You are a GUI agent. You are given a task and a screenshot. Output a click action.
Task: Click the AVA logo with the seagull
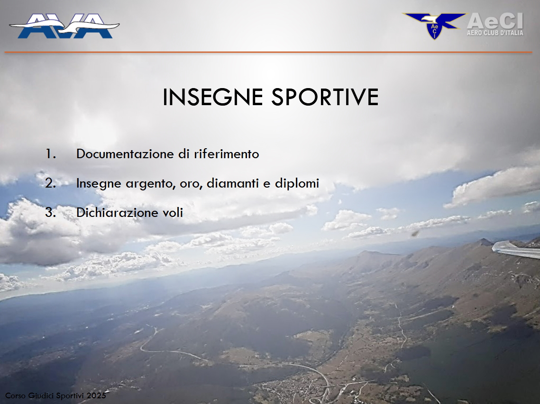[x=64, y=26]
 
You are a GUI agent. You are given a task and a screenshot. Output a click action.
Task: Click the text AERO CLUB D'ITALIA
[x=495, y=33]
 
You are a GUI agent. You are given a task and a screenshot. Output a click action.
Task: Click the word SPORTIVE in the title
[x=325, y=97]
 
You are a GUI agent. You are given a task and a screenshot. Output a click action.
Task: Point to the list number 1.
[x=51, y=154]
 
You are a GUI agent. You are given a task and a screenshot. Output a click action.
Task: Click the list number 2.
[x=51, y=183]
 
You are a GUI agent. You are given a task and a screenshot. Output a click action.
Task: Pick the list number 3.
[x=51, y=212]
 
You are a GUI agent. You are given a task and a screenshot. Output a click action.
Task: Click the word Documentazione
[x=125, y=154]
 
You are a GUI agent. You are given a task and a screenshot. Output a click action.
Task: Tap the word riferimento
[x=226, y=154]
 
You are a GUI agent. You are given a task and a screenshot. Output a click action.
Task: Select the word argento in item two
[x=151, y=184]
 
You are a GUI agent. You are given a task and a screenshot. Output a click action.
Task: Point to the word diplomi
[x=297, y=184]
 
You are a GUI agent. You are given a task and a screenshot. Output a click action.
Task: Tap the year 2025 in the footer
[x=96, y=396]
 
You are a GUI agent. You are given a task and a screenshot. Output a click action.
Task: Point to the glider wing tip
[x=494, y=246]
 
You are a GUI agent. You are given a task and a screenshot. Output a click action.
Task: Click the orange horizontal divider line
[x=268, y=52]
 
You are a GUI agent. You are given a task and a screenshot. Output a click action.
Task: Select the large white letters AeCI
[x=495, y=21]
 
